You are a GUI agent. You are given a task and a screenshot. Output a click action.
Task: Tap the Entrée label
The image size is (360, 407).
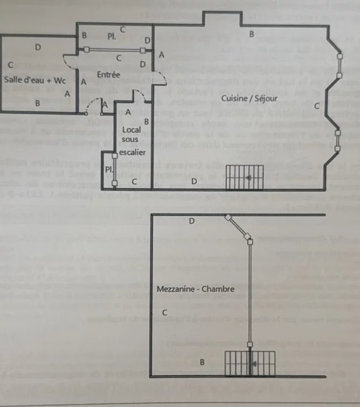pos(108,74)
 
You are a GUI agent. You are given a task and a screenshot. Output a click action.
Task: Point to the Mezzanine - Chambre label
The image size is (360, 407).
pos(196,289)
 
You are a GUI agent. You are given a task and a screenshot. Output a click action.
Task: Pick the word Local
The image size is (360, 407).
pos(131,130)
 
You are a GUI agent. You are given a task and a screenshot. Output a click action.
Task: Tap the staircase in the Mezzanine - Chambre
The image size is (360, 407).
pos(250,364)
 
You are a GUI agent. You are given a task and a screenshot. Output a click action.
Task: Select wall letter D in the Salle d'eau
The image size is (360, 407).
pos(38,47)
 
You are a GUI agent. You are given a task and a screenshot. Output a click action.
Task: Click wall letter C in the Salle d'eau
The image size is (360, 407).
pos(10,65)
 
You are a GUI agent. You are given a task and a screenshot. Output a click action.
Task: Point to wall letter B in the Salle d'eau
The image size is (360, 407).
pos(37,102)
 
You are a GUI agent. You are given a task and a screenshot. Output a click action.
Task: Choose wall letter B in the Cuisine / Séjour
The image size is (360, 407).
pos(251,35)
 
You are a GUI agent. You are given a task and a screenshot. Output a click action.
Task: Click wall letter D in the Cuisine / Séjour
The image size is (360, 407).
pos(193,181)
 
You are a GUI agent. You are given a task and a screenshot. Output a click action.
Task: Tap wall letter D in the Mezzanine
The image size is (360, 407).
pos(191,221)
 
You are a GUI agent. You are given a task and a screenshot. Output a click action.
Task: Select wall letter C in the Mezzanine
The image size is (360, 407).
pos(165,313)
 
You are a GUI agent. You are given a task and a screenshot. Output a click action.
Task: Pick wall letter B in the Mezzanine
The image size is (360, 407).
pos(202,362)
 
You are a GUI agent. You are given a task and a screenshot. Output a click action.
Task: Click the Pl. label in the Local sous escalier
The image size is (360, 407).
pos(108,169)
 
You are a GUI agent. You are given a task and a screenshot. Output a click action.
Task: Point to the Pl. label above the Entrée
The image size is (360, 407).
pos(111,37)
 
